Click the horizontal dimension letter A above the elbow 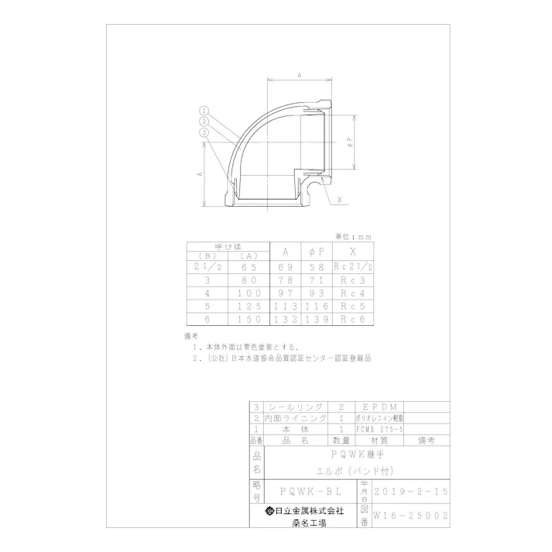click(x=299, y=74)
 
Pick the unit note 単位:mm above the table click(x=353, y=236)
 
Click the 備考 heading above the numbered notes click(x=192, y=337)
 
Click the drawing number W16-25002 click(x=410, y=514)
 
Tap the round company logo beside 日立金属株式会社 click(x=270, y=510)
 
